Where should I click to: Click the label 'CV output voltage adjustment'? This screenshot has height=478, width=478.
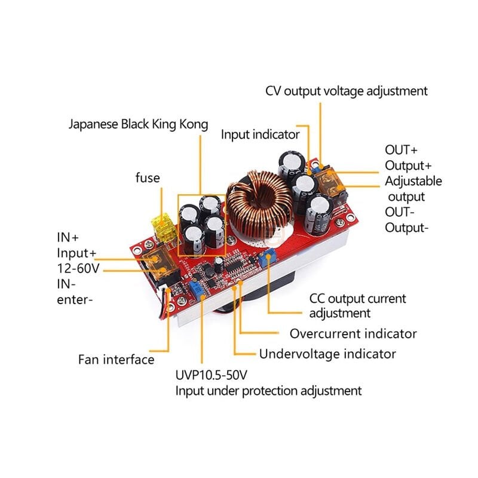(x=347, y=91)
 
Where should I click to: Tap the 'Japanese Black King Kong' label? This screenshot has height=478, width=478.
(x=138, y=124)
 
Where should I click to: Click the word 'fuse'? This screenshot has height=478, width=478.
(x=148, y=177)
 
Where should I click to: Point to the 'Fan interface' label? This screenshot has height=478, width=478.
(x=116, y=360)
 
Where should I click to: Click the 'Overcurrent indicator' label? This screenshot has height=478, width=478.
(x=353, y=333)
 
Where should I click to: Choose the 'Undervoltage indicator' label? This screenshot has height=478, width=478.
(x=327, y=354)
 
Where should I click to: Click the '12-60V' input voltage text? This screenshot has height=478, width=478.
(x=78, y=268)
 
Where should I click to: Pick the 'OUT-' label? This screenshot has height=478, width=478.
(x=399, y=212)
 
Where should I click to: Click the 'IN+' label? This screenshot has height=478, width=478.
(x=67, y=237)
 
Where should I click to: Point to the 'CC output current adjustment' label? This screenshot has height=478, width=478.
(x=357, y=305)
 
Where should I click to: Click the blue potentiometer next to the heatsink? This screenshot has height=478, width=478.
(x=268, y=258)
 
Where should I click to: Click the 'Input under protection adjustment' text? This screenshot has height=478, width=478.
(x=268, y=391)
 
